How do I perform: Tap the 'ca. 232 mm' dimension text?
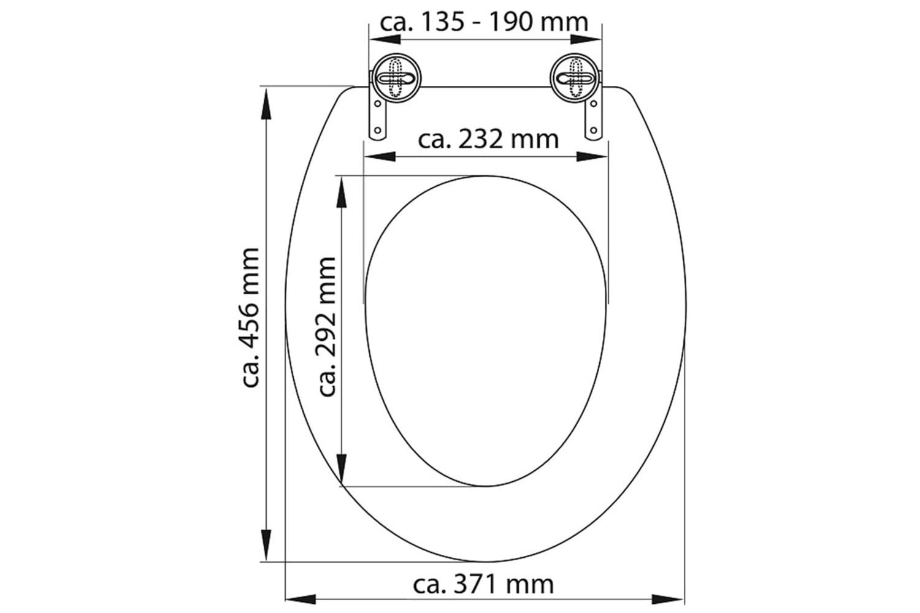[x=488, y=139]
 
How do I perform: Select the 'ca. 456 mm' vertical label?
[x=251, y=318]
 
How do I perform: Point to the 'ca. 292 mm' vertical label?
[x=327, y=326]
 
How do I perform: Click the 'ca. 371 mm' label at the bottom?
[x=483, y=584]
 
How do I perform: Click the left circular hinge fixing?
[x=396, y=78]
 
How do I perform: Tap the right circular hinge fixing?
[x=575, y=78]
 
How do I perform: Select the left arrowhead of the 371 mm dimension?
[x=301, y=599]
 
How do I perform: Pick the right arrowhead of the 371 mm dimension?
[x=668, y=599]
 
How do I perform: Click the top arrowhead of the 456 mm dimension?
[x=267, y=104]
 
